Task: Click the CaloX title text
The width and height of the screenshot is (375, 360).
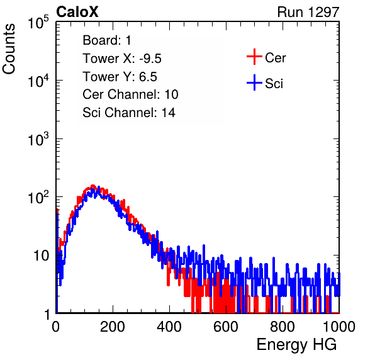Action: (x=77, y=12)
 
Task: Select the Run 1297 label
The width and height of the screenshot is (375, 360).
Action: (x=308, y=12)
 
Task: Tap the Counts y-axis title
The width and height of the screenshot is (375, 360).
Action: (x=9, y=49)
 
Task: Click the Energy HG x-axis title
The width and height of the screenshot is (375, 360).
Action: (x=296, y=345)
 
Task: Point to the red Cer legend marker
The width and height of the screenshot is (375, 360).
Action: (x=254, y=57)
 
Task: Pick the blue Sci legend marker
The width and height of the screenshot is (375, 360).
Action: (x=254, y=82)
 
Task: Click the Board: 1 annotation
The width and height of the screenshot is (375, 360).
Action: (x=107, y=40)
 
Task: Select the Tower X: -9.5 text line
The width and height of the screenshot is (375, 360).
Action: (x=122, y=59)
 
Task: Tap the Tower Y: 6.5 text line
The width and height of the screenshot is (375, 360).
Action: (x=120, y=77)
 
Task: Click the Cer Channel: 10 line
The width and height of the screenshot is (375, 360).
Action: (x=130, y=94)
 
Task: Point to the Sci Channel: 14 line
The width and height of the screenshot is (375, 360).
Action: (x=129, y=113)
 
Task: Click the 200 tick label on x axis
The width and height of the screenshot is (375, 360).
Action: (x=113, y=327)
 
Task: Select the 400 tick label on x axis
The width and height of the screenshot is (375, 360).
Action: (x=169, y=327)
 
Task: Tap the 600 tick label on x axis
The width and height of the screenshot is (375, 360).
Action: (x=226, y=327)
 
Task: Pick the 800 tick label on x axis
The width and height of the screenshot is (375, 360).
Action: (x=283, y=327)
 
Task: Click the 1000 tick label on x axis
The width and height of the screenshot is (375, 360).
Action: (x=339, y=327)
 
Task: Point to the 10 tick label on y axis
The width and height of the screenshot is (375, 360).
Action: (x=42, y=256)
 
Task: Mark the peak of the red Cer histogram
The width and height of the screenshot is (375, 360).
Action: (x=93, y=186)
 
